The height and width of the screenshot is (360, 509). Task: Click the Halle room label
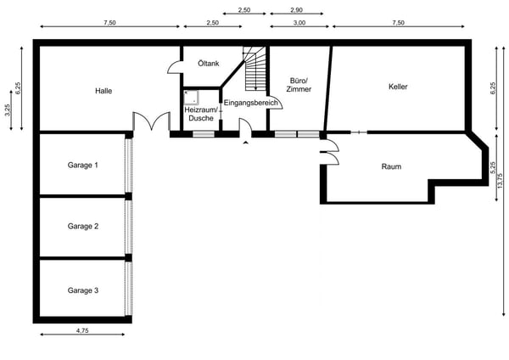click(103, 91)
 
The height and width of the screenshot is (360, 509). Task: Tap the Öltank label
click(209, 64)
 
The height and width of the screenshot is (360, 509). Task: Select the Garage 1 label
click(83, 165)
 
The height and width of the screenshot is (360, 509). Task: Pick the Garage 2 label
click(83, 226)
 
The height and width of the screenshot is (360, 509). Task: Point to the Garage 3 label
click(83, 290)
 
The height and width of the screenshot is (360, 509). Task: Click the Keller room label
click(398, 87)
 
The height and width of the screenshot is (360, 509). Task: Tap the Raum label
click(391, 166)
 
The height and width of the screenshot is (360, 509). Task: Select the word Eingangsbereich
click(250, 103)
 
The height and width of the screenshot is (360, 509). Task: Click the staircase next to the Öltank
click(255, 69)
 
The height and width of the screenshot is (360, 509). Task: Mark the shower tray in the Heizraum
click(191, 98)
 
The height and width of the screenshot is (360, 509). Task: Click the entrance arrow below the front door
click(246, 142)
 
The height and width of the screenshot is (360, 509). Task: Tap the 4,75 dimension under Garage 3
click(82, 331)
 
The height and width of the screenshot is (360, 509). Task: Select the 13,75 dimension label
click(500, 181)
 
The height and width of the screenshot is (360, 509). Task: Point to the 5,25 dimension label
click(493, 167)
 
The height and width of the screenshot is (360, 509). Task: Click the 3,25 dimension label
click(8, 110)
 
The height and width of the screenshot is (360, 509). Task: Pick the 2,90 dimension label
click(296, 10)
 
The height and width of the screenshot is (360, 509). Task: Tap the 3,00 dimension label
click(299, 23)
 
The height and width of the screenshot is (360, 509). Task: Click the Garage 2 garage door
click(129, 227)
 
